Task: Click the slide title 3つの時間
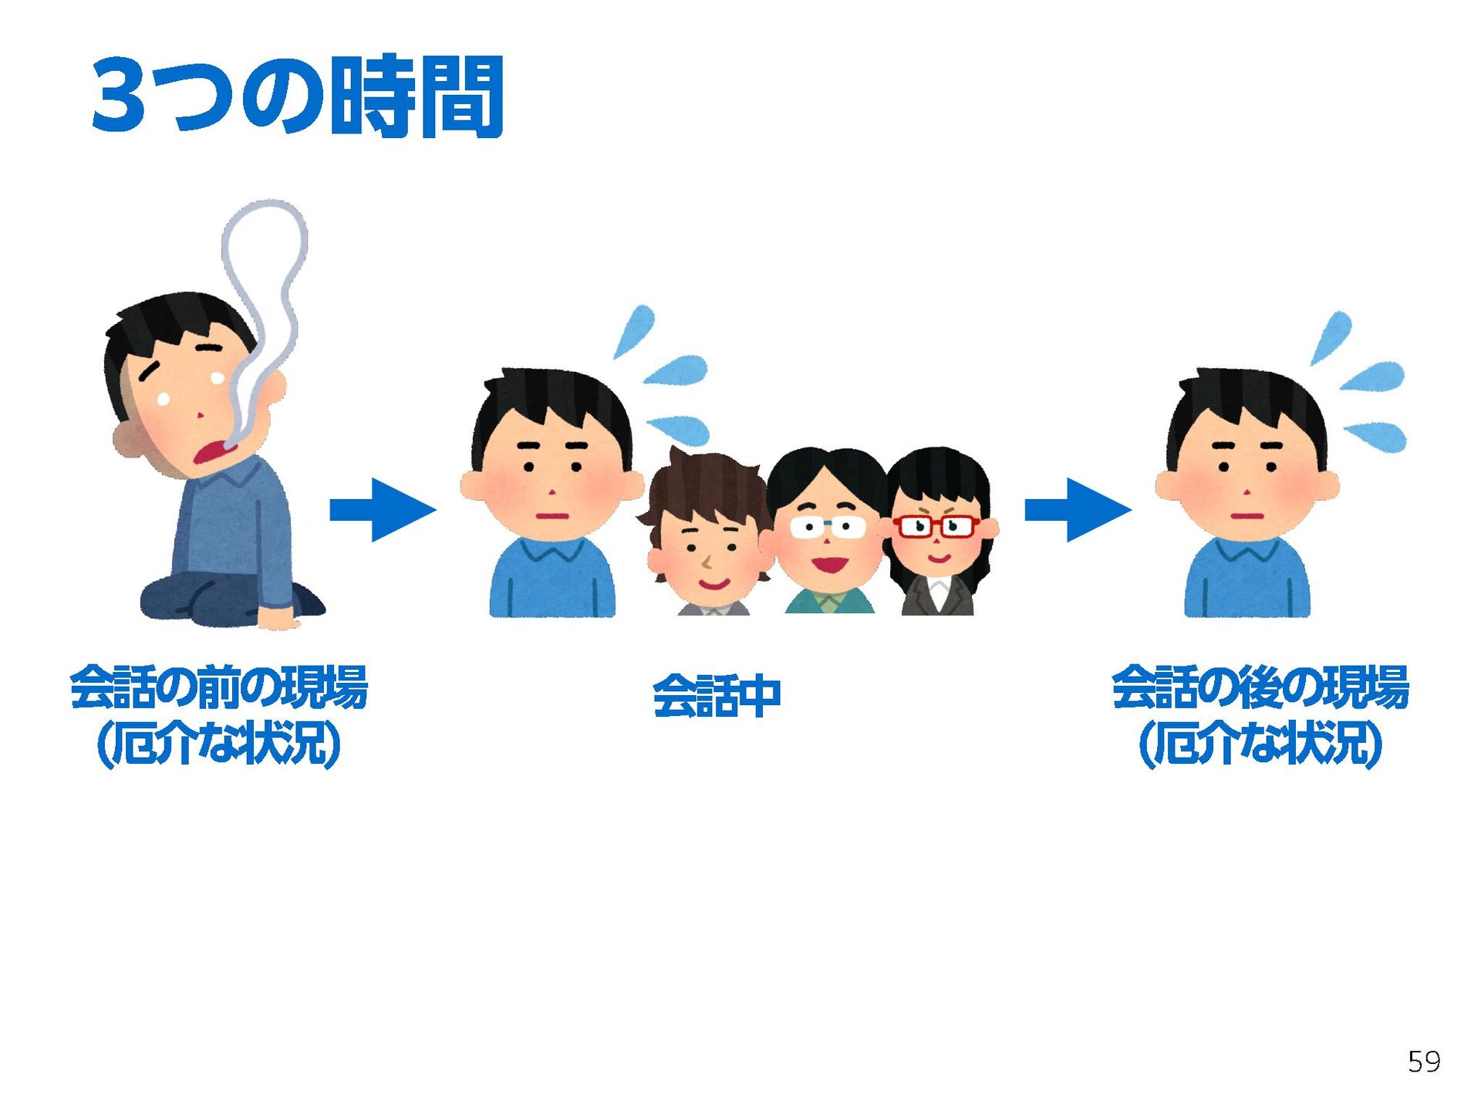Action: click(297, 96)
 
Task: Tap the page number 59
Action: click(1423, 1062)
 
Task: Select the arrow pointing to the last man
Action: click(1078, 509)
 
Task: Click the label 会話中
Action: click(717, 696)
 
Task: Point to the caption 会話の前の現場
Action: click(219, 687)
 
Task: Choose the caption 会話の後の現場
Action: click(1260, 687)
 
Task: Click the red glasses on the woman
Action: click(936, 527)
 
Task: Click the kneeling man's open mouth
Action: click(210, 451)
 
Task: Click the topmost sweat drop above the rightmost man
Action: click(1332, 335)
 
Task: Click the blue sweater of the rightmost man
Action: click(1247, 583)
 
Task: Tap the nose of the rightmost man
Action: click(1247, 491)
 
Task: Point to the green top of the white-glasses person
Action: click(829, 601)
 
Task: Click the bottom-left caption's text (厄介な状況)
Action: click(219, 744)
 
